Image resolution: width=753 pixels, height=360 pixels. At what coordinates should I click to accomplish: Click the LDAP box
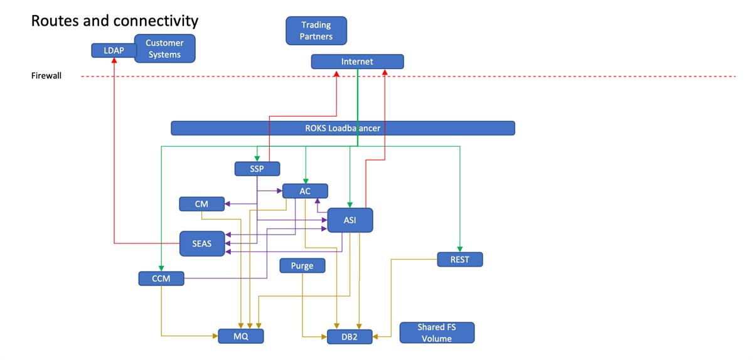pyautogui.click(x=114, y=50)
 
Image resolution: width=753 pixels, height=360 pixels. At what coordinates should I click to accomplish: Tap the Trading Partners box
pyautogui.click(x=316, y=31)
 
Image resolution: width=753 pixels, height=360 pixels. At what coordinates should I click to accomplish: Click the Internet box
pyautogui.click(x=357, y=61)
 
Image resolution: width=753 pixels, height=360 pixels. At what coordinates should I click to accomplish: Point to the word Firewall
pyautogui.click(x=46, y=77)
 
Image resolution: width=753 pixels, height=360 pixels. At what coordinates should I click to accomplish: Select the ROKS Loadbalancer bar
pyautogui.click(x=343, y=128)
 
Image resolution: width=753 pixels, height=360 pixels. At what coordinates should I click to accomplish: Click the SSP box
pyautogui.click(x=257, y=169)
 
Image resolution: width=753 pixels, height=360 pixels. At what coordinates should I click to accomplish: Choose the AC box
pyautogui.click(x=305, y=191)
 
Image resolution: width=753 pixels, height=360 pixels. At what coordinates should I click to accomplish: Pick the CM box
pyautogui.click(x=202, y=204)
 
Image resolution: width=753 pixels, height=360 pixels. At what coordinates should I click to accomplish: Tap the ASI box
pyautogui.click(x=350, y=220)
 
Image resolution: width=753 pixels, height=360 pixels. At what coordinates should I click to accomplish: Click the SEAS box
pyautogui.click(x=201, y=243)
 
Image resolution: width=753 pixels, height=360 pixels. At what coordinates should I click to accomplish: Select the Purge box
pyautogui.click(x=302, y=266)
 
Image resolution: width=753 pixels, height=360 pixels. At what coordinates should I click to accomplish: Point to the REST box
pyautogui.click(x=460, y=259)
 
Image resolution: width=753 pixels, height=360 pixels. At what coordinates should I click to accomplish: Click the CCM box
pyautogui.click(x=161, y=278)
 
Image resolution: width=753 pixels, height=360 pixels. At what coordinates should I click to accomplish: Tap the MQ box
pyautogui.click(x=241, y=336)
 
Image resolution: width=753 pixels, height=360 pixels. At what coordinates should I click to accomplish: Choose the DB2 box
pyautogui.click(x=350, y=337)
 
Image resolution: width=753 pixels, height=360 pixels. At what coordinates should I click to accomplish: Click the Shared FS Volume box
pyautogui.click(x=437, y=332)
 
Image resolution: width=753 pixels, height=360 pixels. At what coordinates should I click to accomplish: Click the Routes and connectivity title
pyautogui.click(x=115, y=21)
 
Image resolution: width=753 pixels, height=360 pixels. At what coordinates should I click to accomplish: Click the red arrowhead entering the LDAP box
pyautogui.click(x=114, y=61)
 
